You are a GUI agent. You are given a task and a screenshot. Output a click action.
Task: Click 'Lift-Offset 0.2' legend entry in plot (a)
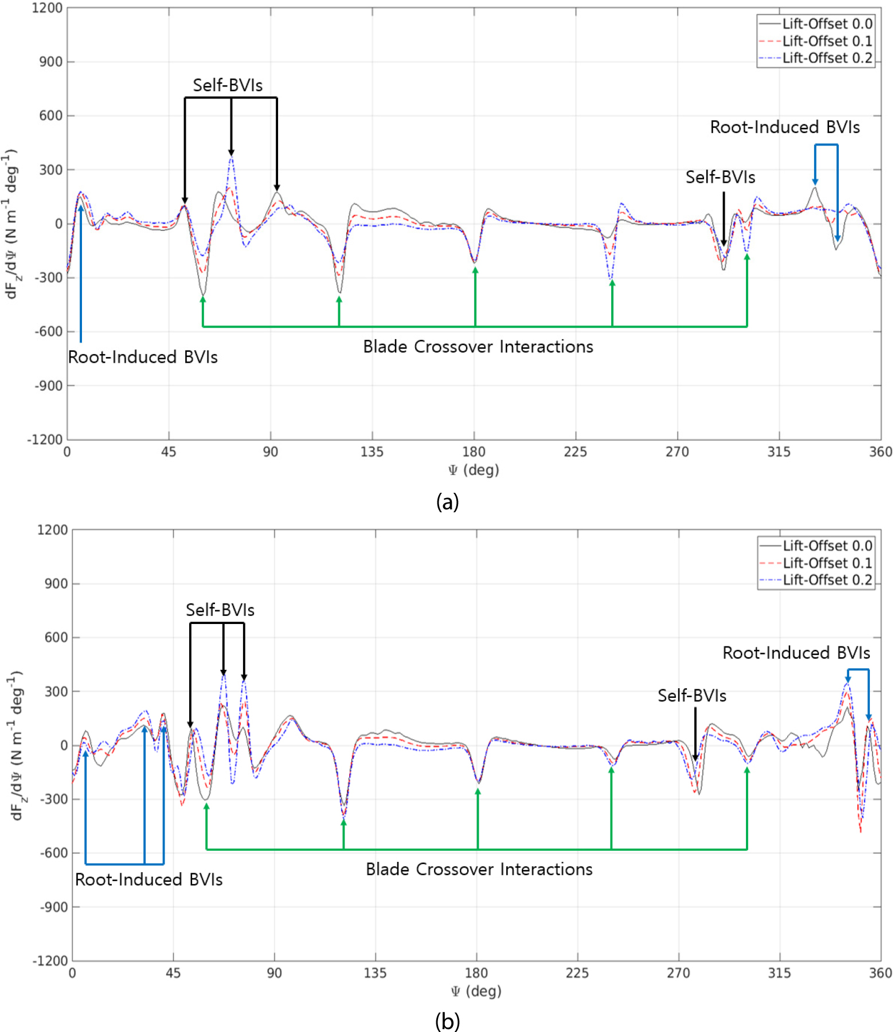pyautogui.click(x=816, y=58)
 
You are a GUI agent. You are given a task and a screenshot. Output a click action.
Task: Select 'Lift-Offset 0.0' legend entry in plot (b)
pyautogui.click(x=816, y=546)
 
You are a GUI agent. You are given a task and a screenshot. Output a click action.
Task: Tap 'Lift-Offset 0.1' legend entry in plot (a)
pyautogui.click(x=816, y=41)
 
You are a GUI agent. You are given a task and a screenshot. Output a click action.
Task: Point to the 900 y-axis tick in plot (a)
pyautogui.click(x=50, y=61)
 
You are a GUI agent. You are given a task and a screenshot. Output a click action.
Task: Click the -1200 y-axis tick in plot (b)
pyautogui.click(x=50, y=961)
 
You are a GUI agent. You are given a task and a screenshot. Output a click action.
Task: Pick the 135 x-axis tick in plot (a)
pyautogui.click(x=372, y=452)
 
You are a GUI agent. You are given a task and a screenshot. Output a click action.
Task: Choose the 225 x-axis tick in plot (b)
pyautogui.click(x=577, y=973)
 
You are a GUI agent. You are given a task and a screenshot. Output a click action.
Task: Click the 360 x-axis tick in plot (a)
pyautogui.click(x=881, y=452)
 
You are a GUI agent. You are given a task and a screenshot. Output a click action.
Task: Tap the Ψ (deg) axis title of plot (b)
pyautogui.click(x=476, y=991)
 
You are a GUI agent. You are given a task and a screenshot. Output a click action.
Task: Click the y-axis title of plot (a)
pyautogui.click(x=11, y=224)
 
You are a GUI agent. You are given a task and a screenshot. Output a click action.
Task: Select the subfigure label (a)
pyautogui.click(x=447, y=502)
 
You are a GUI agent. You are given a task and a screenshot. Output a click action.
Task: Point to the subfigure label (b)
pyautogui.click(x=447, y=1021)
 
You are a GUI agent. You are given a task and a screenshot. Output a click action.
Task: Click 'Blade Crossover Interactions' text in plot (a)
pyautogui.click(x=478, y=347)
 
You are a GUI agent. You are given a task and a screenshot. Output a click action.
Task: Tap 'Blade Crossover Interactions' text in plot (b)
pyautogui.click(x=479, y=869)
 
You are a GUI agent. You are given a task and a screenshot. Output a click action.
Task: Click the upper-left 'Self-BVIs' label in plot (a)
pyautogui.click(x=228, y=85)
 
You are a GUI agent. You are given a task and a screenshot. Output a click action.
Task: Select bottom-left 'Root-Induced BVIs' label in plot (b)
pyautogui.click(x=149, y=880)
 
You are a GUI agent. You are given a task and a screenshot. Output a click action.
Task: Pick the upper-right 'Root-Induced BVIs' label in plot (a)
pyautogui.click(x=785, y=127)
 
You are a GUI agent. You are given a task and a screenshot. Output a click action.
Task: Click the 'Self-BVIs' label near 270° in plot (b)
pyautogui.click(x=692, y=696)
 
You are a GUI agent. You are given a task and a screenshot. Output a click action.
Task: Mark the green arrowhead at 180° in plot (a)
pyautogui.click(x=475, y=270)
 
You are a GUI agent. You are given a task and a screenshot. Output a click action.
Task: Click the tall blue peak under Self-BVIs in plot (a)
pyautogui.click(x=231, y=158)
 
